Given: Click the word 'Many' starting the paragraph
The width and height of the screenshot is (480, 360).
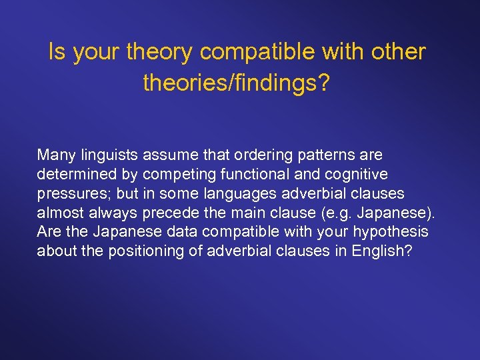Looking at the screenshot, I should tap(57, 155).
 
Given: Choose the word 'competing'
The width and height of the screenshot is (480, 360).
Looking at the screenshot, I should tap(175, 175).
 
